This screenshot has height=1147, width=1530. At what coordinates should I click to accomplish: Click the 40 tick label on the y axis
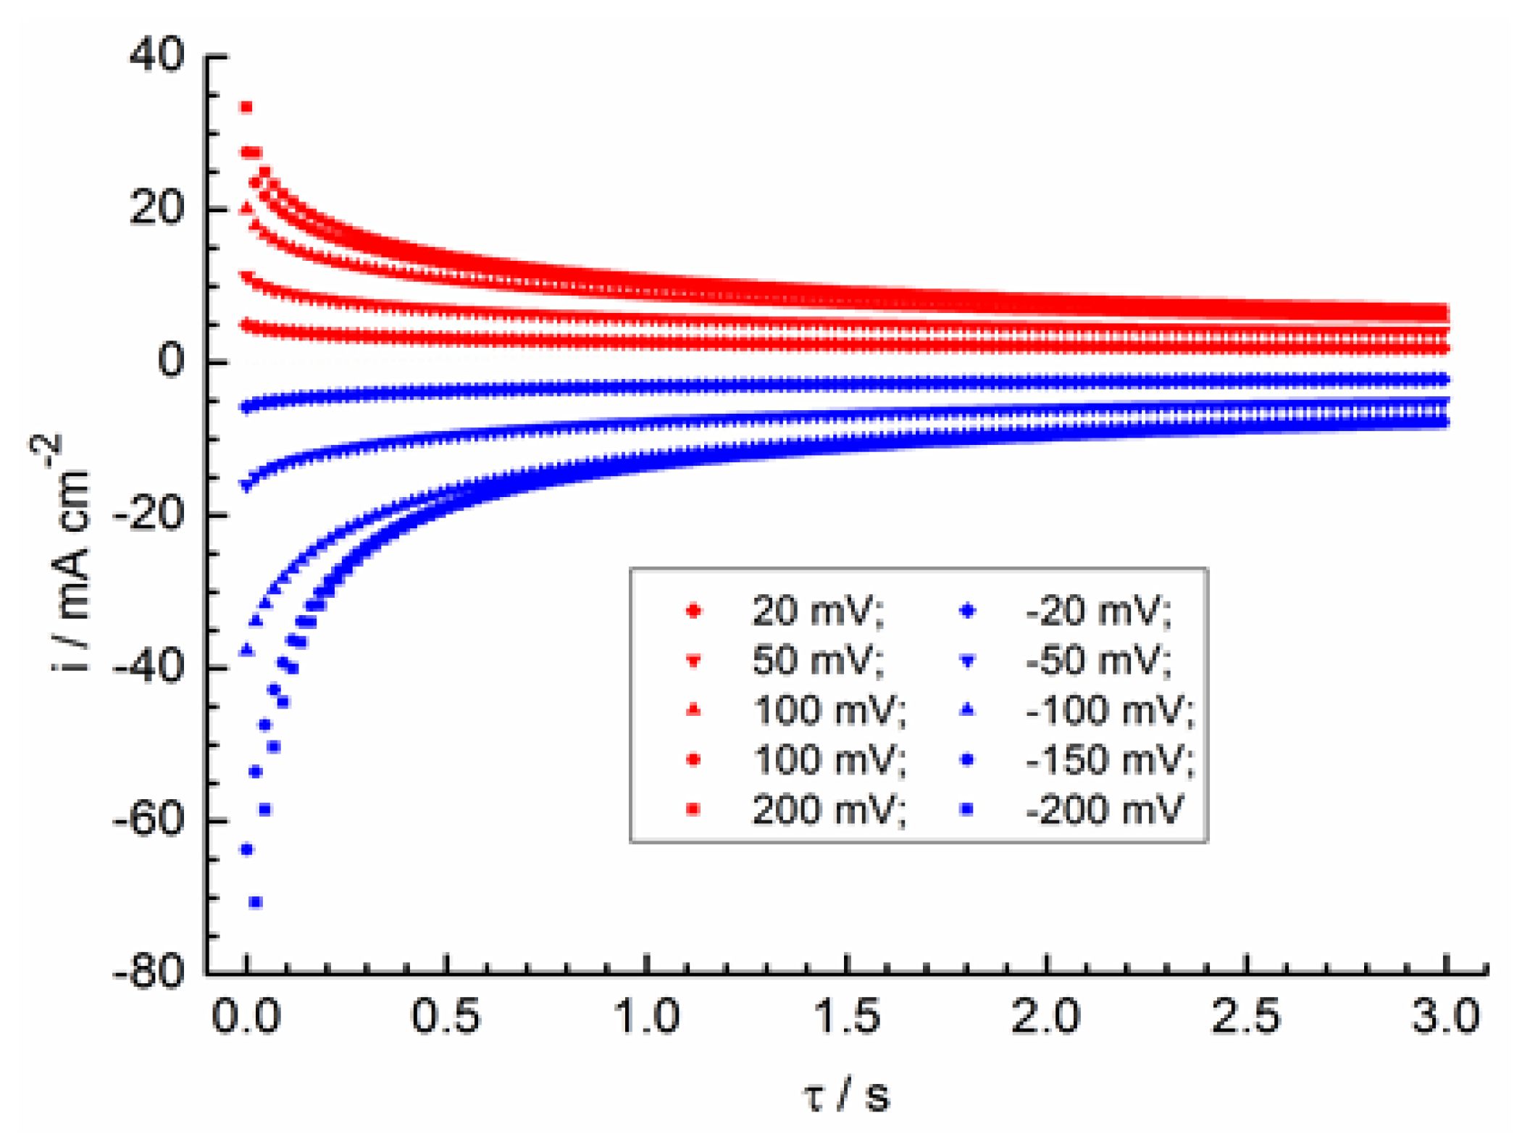(x=156, y=55)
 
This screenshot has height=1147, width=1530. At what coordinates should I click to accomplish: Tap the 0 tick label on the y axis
(x=171, y=360)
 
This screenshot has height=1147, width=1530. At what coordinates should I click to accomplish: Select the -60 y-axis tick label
(x=149, y=819)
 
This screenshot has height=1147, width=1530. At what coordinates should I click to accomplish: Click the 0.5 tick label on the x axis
(x=446, y=1016)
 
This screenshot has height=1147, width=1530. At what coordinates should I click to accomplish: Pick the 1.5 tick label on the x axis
(x=846, y=1016)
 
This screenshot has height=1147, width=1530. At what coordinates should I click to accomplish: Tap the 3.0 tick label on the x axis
(x=1446, y=1016)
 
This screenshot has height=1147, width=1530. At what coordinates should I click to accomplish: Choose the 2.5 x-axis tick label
(x=1246, y=1016)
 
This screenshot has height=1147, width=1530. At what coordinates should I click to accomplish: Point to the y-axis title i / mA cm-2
(x=70, y=554)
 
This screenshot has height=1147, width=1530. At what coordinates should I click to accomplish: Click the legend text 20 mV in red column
(x=817, y=611)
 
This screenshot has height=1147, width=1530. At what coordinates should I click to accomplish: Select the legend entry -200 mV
(x=1103, y=809)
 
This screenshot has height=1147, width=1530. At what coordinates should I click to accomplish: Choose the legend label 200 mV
(x=828, y=809)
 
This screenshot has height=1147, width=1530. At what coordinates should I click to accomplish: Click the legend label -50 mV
(x=1098, y=660)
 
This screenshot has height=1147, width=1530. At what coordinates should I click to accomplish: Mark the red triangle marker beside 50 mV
(x=693, y=661)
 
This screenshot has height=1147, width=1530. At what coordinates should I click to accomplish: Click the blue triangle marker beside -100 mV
(x=967, y=710)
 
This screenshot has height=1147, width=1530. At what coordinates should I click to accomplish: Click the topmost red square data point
(x=246, y=107)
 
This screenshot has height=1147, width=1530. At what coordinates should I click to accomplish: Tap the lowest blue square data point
(x=256, y=902)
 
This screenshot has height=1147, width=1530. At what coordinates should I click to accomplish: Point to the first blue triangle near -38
(x=247, y=650)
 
